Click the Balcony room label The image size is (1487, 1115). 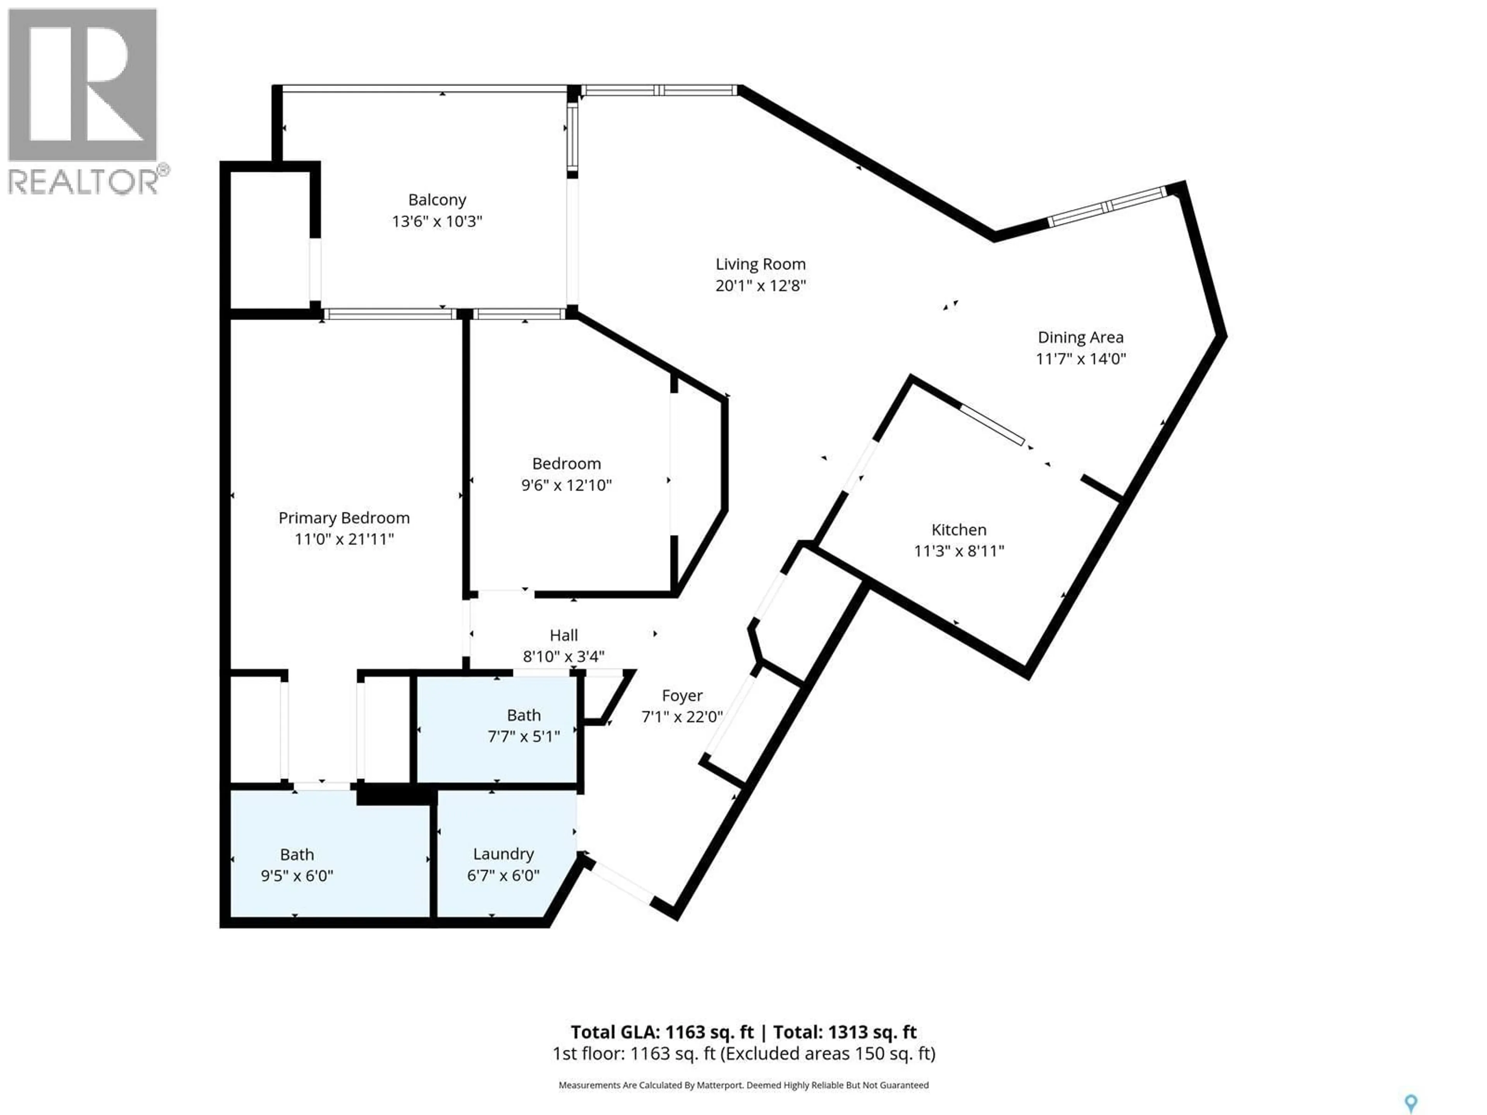tap(437, 200)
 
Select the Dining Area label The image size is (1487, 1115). tap(1080, 337)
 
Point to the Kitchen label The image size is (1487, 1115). tap(959, 530)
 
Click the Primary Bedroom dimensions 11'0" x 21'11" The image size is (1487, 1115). tap(344, 539)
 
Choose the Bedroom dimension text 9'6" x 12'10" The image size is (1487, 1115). tap(566, 485)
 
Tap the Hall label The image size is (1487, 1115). tap(563, 635)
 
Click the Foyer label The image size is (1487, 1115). tap(682, 696)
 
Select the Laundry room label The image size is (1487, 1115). tap(503, 854)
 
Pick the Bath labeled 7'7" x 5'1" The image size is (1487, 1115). tap(524, 726)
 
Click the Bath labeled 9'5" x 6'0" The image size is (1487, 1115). tap(297, 865)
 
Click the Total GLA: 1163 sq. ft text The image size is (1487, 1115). tap(662, 1032)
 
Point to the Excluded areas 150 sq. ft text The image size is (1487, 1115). tap(827, 1053)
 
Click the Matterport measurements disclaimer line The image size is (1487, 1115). tap(743, 1085)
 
